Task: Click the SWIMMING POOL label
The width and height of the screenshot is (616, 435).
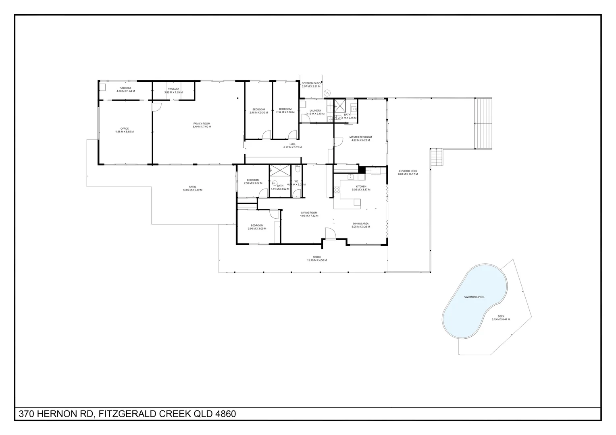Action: click(474, 297)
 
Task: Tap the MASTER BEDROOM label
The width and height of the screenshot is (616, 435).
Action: click(360, 137)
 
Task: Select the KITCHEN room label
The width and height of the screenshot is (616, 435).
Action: click(361, 186)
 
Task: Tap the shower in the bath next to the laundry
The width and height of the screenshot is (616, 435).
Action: click(340, 106)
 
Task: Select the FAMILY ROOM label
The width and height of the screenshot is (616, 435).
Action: click(202, 124)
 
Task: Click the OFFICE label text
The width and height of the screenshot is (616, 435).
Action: click(125, 129)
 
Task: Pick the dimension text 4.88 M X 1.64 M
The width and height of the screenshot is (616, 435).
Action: click(125, 91)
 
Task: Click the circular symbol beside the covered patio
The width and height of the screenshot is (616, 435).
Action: click(327, 92)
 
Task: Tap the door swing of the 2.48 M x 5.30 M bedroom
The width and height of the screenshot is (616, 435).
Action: click(266, 135)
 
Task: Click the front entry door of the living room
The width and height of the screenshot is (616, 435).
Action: click(330, 234)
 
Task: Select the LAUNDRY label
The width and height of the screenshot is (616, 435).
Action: click(315, 111)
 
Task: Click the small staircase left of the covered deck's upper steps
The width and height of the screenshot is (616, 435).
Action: click(436, 157)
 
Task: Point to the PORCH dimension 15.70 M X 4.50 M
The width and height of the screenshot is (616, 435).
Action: click(317, 261)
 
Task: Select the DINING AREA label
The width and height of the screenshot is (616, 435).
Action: click(360, 224)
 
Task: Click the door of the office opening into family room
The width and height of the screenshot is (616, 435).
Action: click(156, 107)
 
